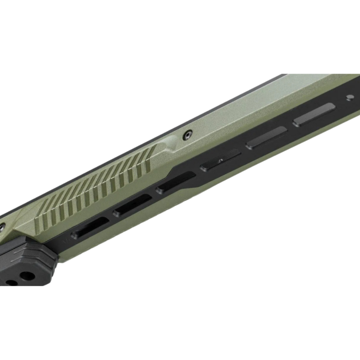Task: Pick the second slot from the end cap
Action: pyautogui.click(x=133, y=205)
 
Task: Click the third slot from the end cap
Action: pyautogui.click(x=176, y=183)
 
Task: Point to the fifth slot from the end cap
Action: pyautogui.click(x=266, y=137)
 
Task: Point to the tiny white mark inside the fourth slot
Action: pyautogui.click(x=220, y=161)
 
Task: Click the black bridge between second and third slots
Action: pyautogui.click(x=154, y=195)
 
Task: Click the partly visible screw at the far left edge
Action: pyautogui.click(x=2, y=226)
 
